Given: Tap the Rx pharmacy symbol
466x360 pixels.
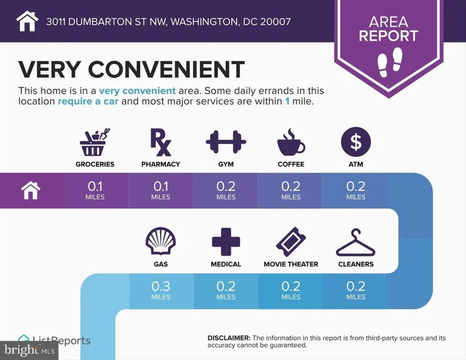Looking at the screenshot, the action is (x=160, y=142).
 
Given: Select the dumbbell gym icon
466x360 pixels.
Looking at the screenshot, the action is (x=226, y=142).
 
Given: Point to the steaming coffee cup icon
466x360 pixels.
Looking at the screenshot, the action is (x=291, y=142).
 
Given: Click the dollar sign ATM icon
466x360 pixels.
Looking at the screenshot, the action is (x=356, y=142).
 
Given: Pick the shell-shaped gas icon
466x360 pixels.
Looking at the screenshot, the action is (x=160, y=242).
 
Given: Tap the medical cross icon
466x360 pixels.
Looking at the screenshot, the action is (x=226, y=242).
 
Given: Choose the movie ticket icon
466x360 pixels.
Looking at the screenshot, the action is (x=291, y=242).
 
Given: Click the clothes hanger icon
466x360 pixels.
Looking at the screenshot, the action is (x=356, y=243).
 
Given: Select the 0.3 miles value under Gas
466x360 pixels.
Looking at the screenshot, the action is (x=160, y=290).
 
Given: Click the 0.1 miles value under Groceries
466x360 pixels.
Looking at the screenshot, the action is (x=95, y=190).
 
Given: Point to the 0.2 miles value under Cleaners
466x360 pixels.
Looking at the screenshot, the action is (x=356, y=290).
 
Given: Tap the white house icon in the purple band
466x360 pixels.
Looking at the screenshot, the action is (x=31, y=190).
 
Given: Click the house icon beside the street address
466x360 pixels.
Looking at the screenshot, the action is (x=27, y=21).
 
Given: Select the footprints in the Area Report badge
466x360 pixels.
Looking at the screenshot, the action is (x=390, y=62).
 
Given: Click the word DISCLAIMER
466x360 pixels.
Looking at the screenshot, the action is (x=229, y=338).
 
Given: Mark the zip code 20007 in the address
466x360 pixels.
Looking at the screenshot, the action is (x=275, y=21).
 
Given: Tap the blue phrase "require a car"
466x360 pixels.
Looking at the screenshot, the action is (x=88, y=101).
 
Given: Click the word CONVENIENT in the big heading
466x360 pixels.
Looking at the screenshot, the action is (x=166, y=69).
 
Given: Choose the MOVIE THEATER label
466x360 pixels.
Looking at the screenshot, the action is (x=291, y=264).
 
